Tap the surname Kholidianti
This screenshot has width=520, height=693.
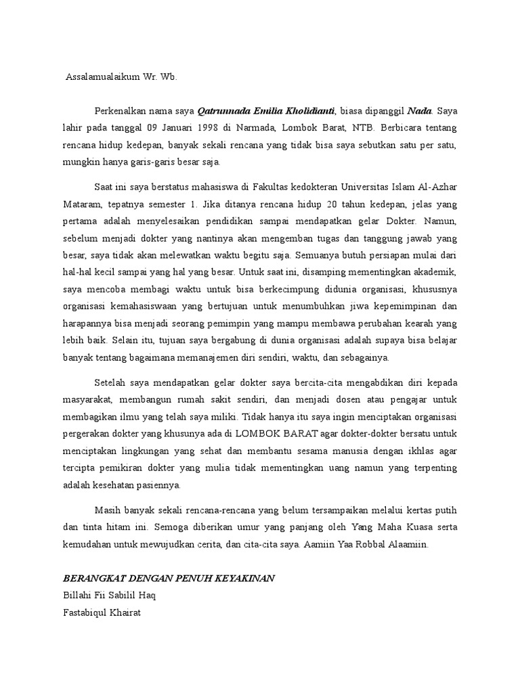click(x=310, y=110)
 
